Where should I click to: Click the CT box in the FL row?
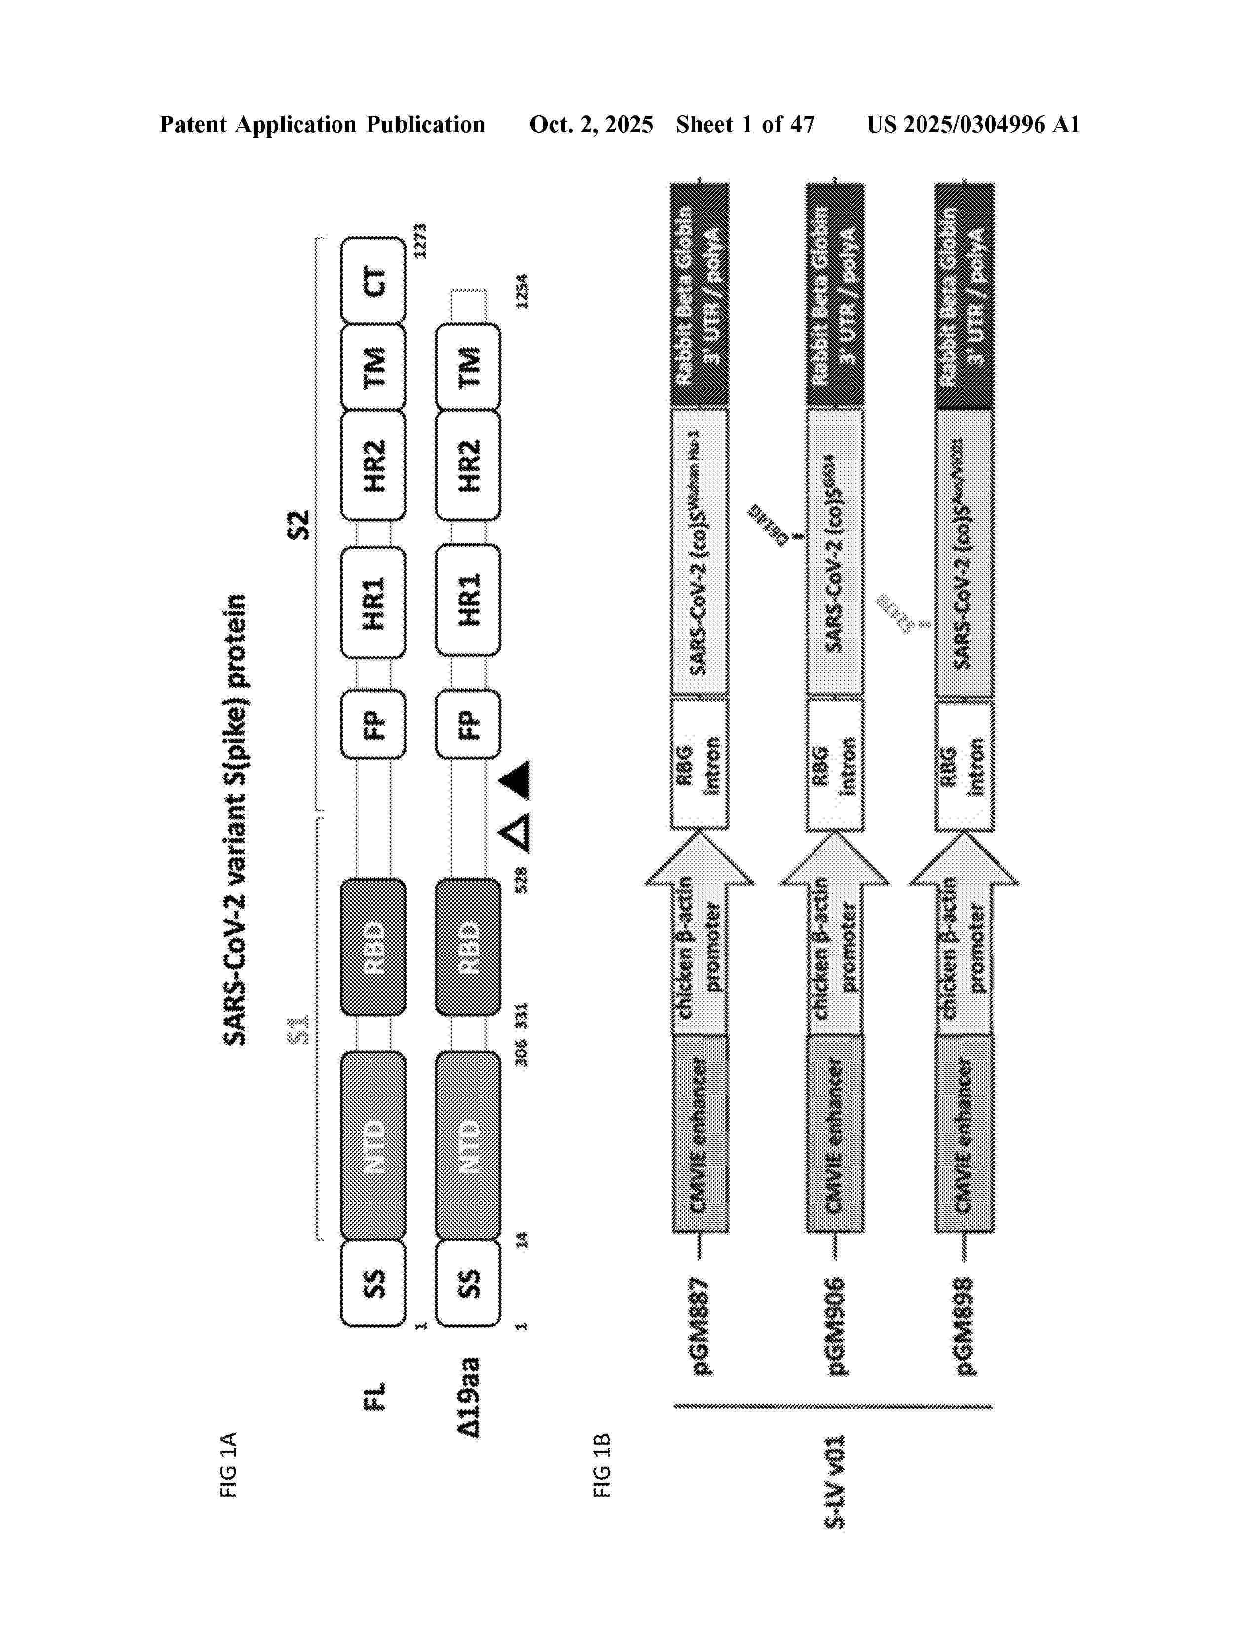373,281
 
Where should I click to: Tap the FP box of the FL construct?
373,724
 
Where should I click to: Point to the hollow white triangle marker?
517,832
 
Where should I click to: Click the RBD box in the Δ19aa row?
468,947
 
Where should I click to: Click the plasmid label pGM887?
701,1326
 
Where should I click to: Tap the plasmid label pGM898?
964,1326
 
